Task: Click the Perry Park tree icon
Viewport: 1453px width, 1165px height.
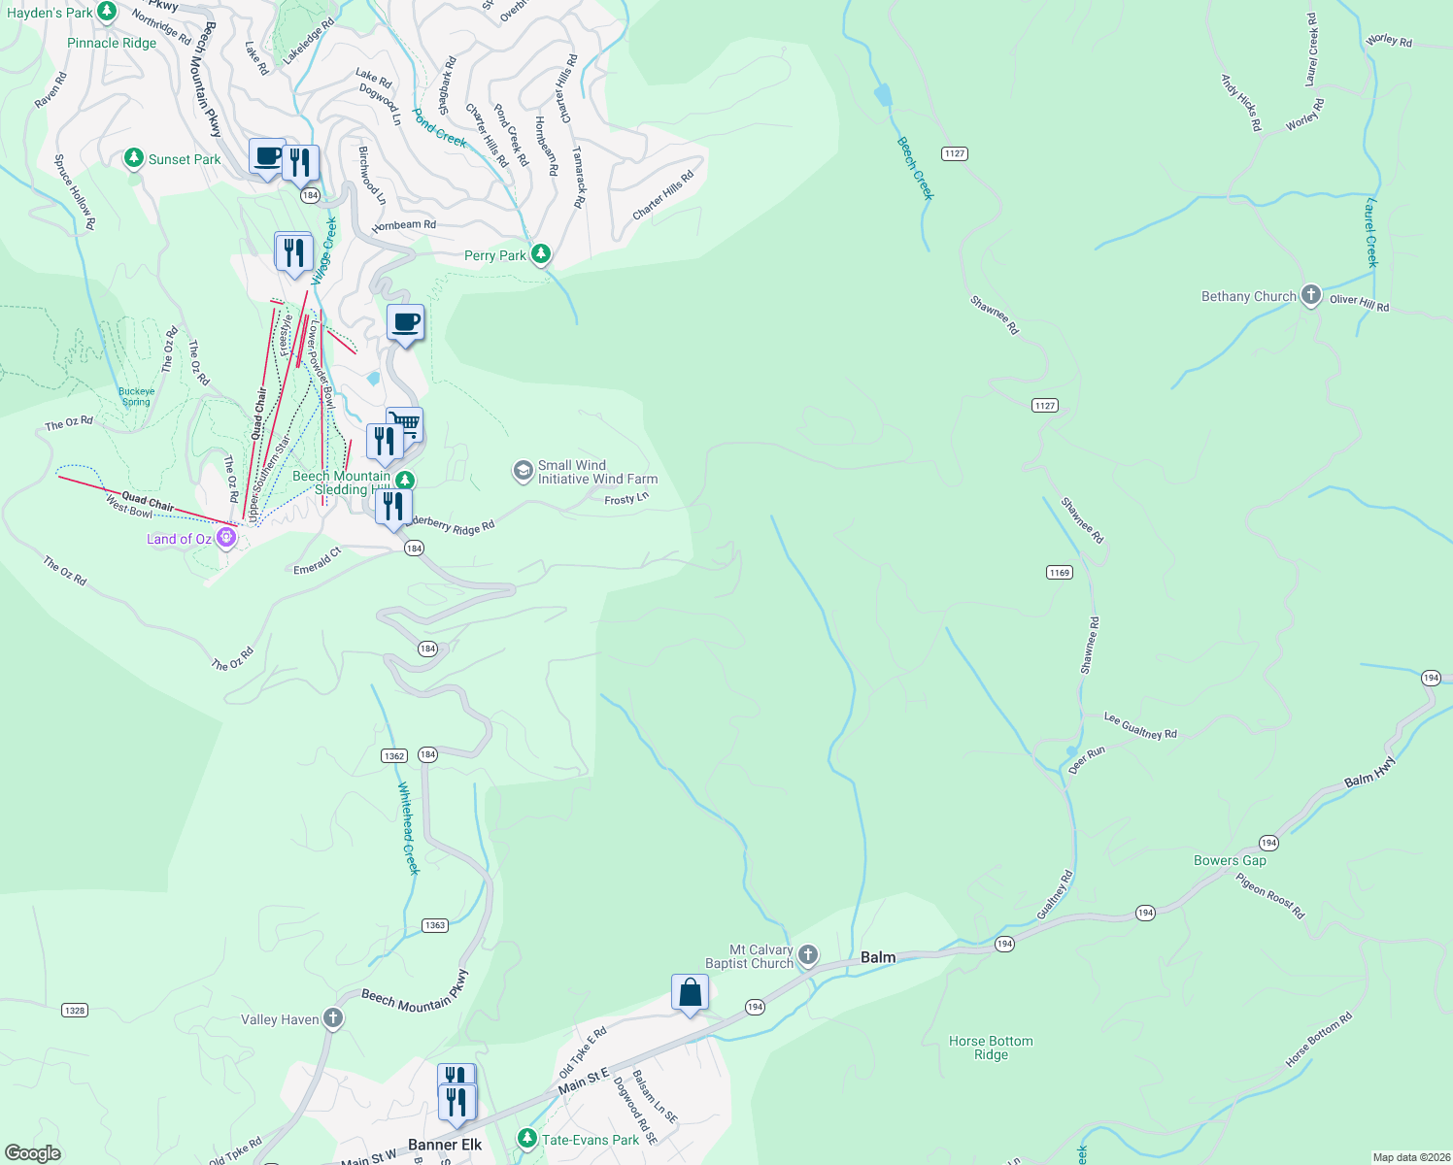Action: point(541,255)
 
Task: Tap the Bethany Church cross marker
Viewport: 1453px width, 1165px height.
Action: point(1311,296)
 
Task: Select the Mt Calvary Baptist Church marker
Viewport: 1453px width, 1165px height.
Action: point(808,956)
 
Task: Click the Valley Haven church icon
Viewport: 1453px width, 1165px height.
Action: point(333,1019)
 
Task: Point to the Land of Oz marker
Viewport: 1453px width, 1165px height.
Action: point(226,538)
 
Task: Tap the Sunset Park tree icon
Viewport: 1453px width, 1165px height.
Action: point(135,158)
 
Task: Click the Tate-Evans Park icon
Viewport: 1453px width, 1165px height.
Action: point(526,1139)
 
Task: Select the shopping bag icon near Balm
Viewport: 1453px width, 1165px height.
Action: point(690,993)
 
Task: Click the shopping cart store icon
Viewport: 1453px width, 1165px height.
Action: point(406,423)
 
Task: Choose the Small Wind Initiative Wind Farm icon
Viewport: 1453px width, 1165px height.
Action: point(524,472)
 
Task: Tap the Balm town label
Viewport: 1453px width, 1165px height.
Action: point(878,957)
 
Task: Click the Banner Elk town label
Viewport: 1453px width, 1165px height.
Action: point(445,1145)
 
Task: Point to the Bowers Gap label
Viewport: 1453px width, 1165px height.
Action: point(1230,860)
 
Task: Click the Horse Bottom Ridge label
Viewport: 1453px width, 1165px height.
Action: point(991,1048)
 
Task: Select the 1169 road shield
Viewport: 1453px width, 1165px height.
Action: point(1060,573)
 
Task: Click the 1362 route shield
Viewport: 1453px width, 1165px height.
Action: point(393,755)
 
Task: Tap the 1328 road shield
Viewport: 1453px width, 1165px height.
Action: point(75,1011)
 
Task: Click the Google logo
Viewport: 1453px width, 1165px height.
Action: point(32,1153)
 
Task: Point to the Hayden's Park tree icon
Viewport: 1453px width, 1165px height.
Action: point(107,13)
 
